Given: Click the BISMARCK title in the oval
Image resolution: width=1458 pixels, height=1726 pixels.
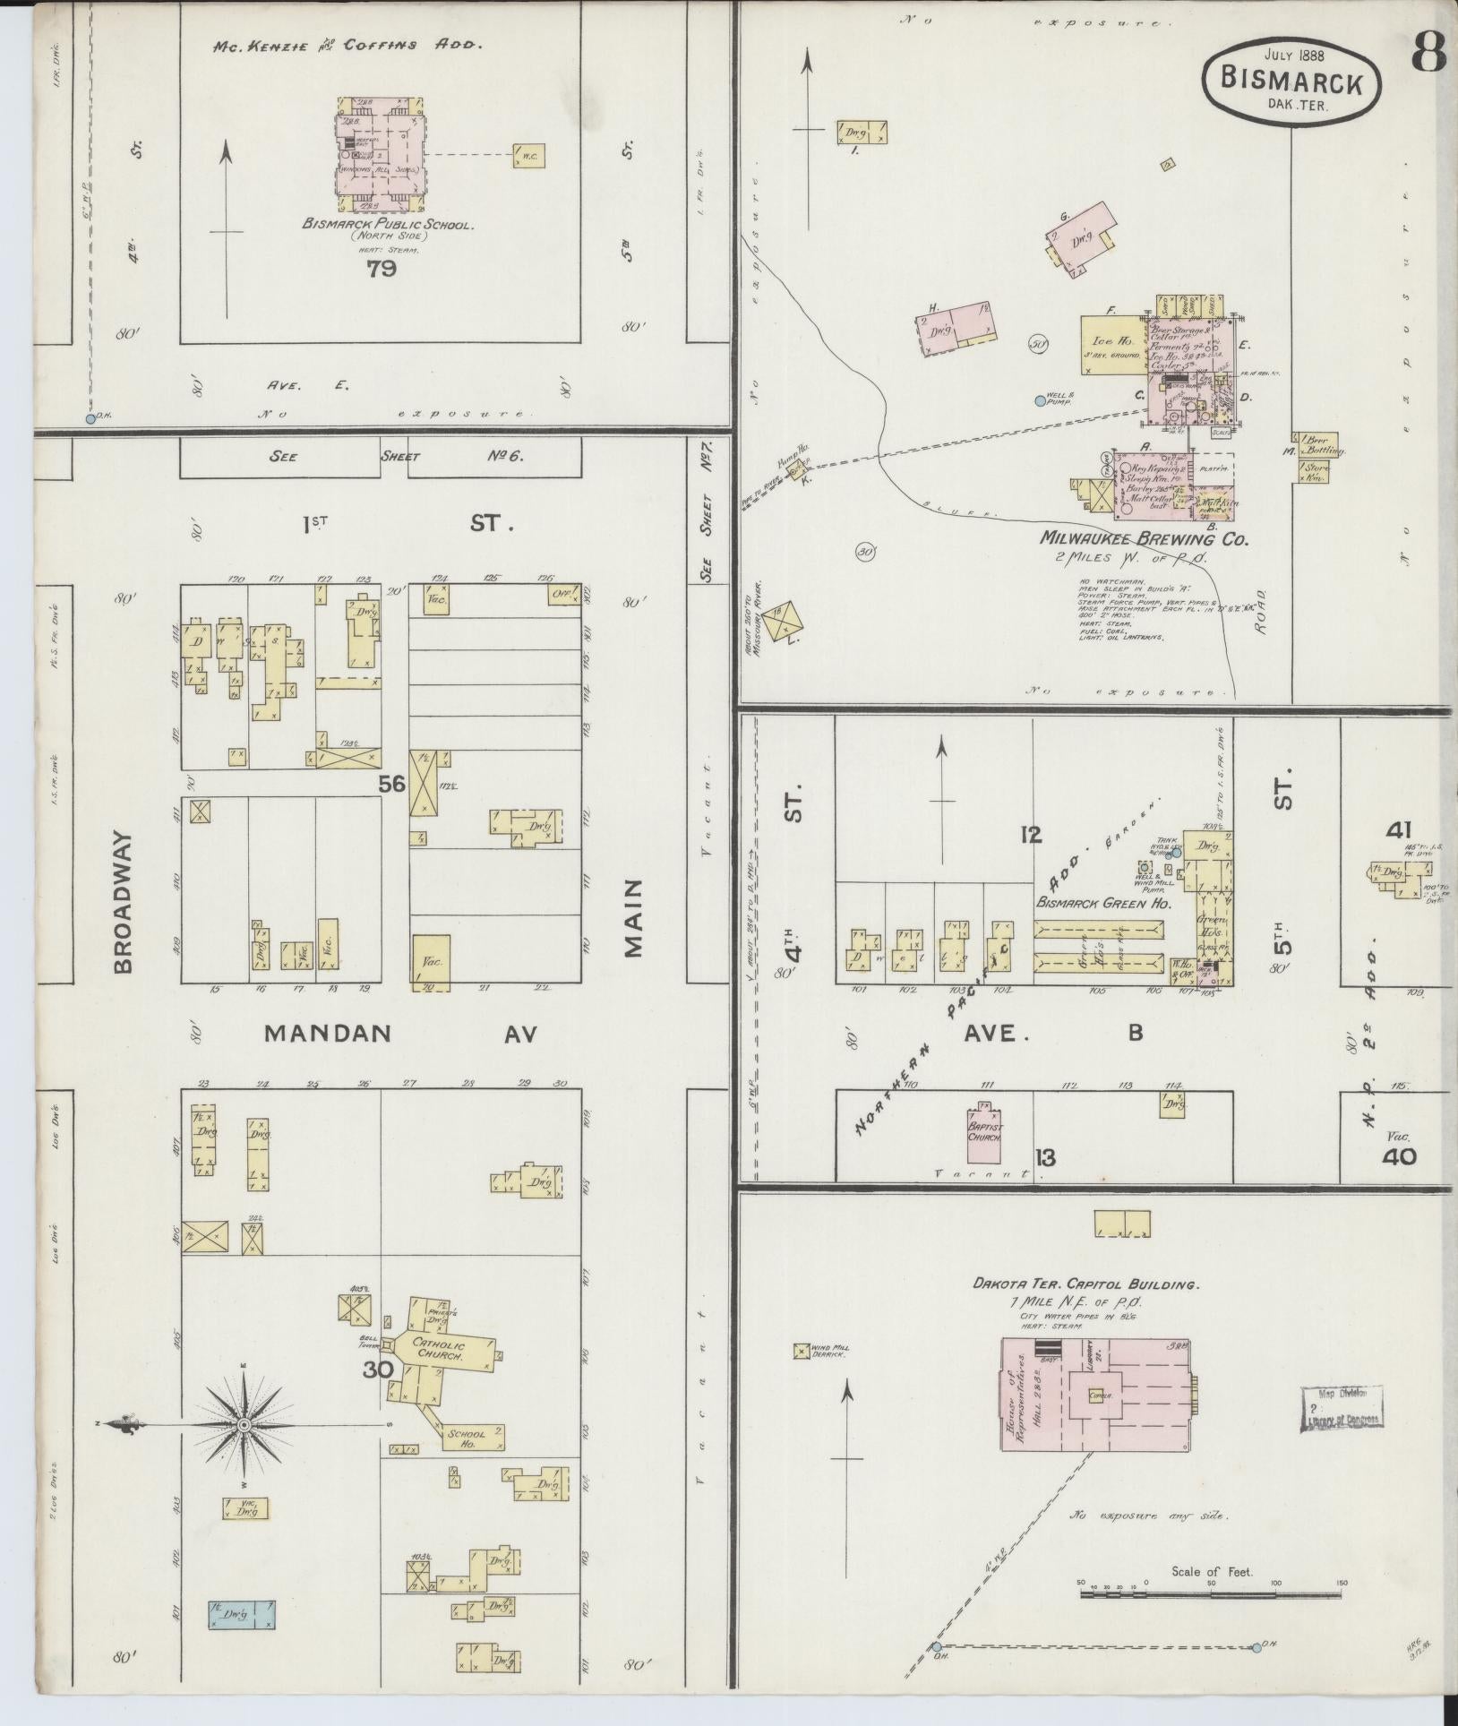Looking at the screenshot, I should pyautogui.click(x=1291, y=82).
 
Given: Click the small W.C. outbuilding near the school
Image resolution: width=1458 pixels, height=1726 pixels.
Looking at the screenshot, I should pyautogui.click(x=527, y=156).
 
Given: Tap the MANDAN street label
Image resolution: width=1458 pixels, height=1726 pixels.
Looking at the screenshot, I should pyautogui.click(x=329, y=1034).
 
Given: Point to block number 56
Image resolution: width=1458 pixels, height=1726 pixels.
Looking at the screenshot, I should pyautogui.click(x=391, y=784).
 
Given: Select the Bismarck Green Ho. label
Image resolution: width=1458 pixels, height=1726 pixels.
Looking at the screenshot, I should pyautogui.click(x=1103, y=904).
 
